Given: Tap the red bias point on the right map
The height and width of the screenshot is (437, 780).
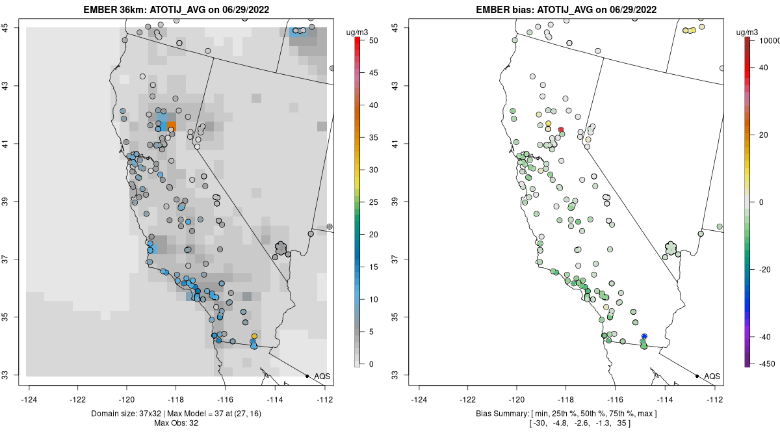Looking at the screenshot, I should click(x=561, y=129).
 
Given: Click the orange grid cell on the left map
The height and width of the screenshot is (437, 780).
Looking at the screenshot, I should click(x=172, y=126).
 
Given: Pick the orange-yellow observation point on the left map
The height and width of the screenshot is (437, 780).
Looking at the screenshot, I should click(x=254, y=336).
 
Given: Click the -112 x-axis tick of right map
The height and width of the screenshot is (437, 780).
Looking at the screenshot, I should click(x=715, y=400).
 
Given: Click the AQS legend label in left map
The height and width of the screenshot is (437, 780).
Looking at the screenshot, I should click(x=322, y=377).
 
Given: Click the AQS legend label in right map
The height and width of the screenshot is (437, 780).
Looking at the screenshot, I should click(x=712, y=377).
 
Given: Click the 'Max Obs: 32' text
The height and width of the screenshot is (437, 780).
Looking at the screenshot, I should click(x=177, y=423).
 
